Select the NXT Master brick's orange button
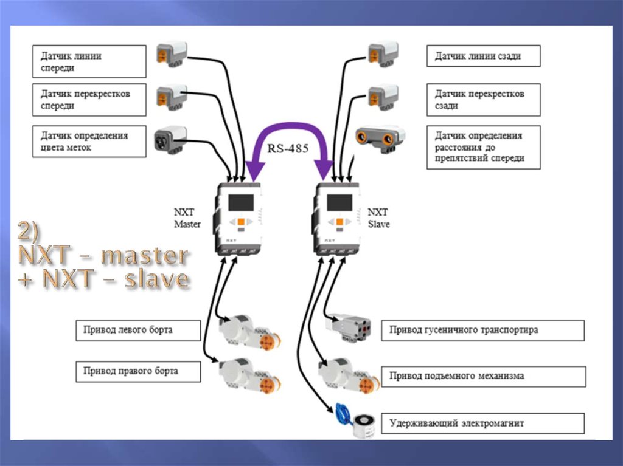pos(242,222)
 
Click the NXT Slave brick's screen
pos(339,203)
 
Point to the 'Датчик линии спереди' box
pos(89,61)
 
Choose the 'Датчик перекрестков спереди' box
pos(89,100)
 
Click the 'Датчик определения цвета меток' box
pos(89,141)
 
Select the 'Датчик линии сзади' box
pos(483,57)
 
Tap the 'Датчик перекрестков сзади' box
pos(483,100)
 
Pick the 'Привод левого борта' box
pos(138,331)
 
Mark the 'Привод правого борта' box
pos(138,371)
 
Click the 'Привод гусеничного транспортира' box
pos(483,331)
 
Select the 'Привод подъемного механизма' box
pos(483,376)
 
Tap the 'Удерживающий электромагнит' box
pos(483,423)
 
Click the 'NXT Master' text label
pos(187,218)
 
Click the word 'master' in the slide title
pos(144,255)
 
